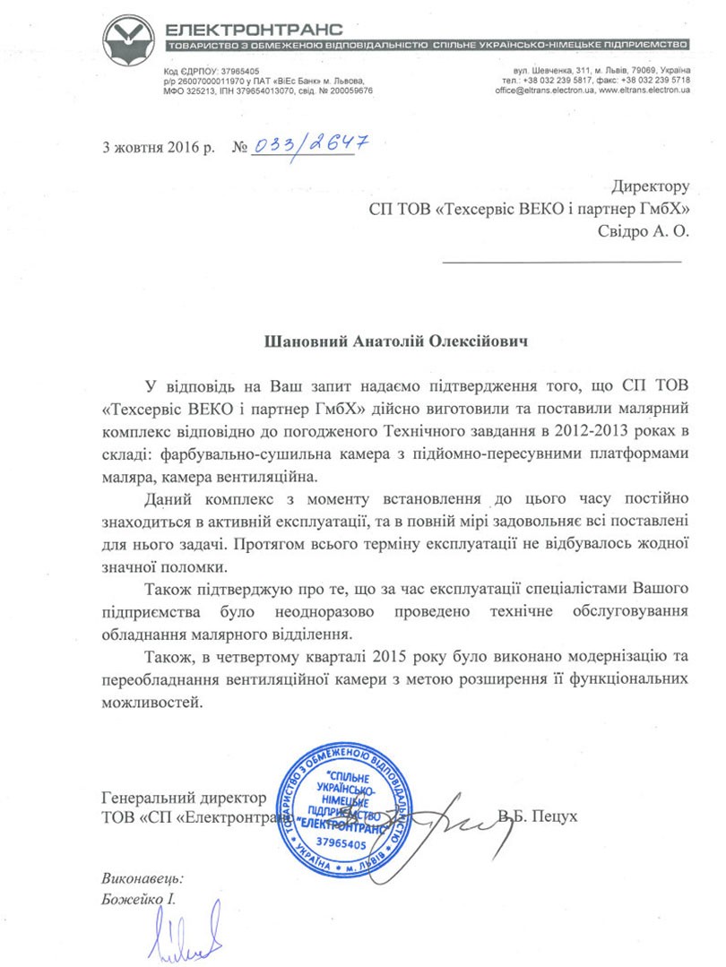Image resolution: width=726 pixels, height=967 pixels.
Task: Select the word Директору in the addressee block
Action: coord(651,186)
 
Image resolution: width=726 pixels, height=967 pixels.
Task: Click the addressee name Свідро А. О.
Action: coord(644,229)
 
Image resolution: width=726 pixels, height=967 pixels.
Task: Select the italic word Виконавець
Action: coord(143,879)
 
